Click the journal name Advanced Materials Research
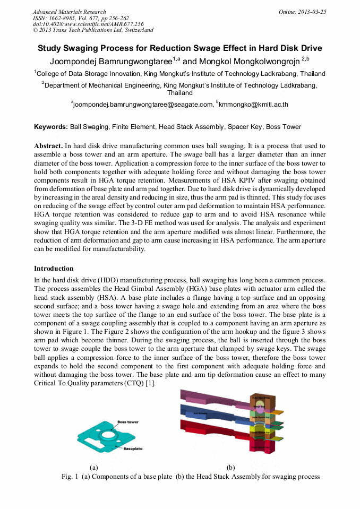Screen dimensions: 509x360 (69, 12)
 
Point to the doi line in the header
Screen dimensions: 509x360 (88, 24)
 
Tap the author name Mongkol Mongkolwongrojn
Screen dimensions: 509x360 (249, 62)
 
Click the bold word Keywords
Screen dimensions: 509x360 (50, 127)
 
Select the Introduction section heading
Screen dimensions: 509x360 (54, 269)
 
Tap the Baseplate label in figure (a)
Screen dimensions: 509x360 (133, 448)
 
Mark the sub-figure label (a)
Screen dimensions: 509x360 (94, 468)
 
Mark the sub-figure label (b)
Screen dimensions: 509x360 (230, 468)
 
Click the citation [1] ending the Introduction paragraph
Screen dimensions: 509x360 (151, 384)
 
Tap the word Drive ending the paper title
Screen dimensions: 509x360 (310, 48)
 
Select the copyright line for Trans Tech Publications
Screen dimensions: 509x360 (93, 30)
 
